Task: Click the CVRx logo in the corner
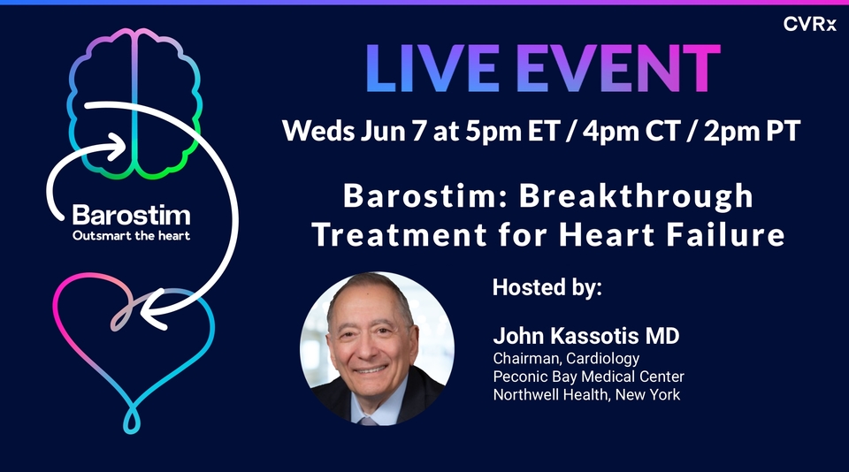pyautogui.click(x=810, y=24)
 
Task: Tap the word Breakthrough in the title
pyautogui.click(x=637, y=195)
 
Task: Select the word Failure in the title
pyautogui.click(x=730, y=235)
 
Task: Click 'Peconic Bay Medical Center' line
pyautogui.click(x=588, y=377)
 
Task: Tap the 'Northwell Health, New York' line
pyautogui.click(x=586, y=394)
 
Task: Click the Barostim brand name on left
pyautogui.click(x=131, y=215)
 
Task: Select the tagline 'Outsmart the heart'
pyautogui.click(x=131, y=235)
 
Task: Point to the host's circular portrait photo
pyautogui.click(x=378, y=348)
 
